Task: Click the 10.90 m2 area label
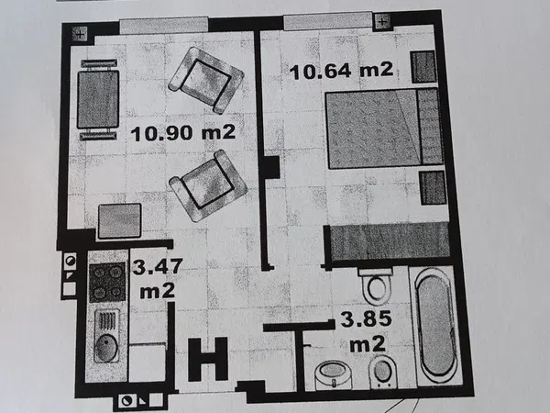point(182,133)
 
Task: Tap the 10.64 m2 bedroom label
point(342,71)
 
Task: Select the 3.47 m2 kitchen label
point(158,278)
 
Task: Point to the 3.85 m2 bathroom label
point(367,331)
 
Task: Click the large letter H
point(208,359)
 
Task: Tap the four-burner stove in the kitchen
point(107,283)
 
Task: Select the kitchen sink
point(106,336)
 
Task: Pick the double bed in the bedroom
point(384,128)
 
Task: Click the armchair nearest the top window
point(206,81)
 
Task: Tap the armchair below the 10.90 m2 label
point(209,185)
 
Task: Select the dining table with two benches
point(98,100)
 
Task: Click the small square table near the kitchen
point(119,221)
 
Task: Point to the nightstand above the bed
point(423,67)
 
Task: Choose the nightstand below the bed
point(433,187)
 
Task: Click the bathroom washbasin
point(332,375)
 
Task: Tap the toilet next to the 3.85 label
point(376,285)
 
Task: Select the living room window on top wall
point(164,26)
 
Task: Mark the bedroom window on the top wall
point(327,21)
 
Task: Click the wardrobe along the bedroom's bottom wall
point(390,242)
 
